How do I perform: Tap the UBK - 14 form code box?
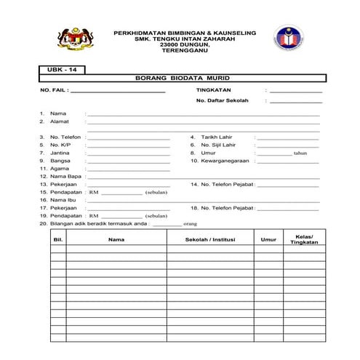tap(61, 70)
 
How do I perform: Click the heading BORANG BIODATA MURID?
tap(183, 78)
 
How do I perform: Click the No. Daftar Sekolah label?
tap(217, 102)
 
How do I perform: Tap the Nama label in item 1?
tap(58, 114)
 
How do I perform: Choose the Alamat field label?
tap(60, 122)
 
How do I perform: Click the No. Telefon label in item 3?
tap(65, 137)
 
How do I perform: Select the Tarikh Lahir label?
tap(215, 137)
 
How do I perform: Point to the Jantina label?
tap(60, 153)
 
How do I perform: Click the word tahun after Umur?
tap(301, 153)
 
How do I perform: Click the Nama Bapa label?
tap(65, 177)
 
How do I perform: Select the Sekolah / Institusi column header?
tap(209, 238)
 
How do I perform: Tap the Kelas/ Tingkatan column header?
tap(304, 238)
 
